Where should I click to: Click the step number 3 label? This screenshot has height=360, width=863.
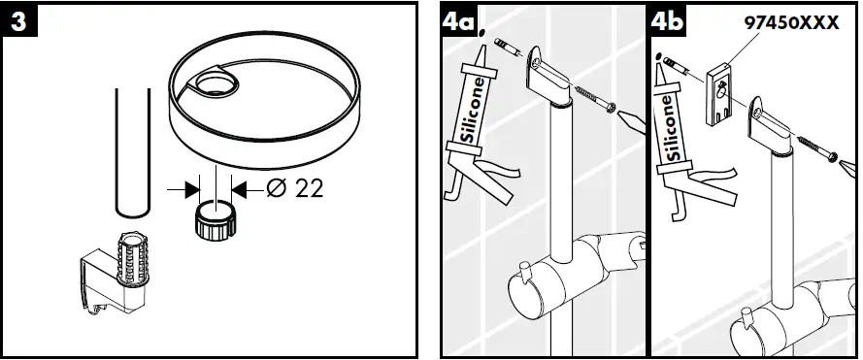coord(18,21)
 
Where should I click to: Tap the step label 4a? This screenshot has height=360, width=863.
coord(457,21)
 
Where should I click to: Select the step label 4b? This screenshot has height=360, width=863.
coord(668,21)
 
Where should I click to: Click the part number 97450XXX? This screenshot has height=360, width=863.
coord(792,22)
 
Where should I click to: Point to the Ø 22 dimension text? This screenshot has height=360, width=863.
coord(294,189)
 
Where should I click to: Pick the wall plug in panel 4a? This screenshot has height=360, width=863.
coord(509,48)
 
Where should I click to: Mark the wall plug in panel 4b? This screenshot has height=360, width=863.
coord(676,67)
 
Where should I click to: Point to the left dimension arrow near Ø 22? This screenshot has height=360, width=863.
coord(183,190)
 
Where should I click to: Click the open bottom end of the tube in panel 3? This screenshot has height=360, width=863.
coord(133,212)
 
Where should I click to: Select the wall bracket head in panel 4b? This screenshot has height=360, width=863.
coord(770,126)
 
